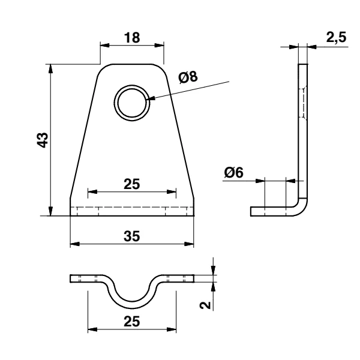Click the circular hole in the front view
pos(132,101)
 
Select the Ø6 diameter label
pos(233,172)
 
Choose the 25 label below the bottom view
pos(132,321)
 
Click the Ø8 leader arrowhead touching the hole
pos(151,98)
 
